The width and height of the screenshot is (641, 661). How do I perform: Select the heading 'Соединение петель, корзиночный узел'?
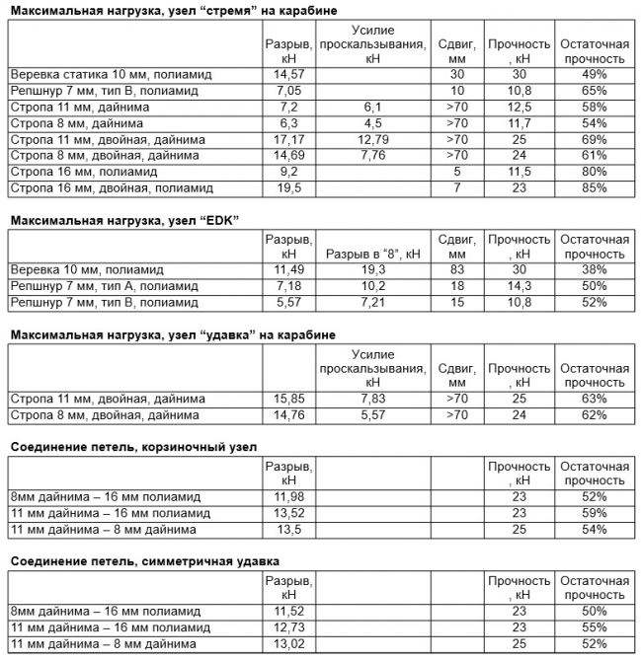coord(133,446)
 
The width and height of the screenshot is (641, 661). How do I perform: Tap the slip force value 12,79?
coord(371,139)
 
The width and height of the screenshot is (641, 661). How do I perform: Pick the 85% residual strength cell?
coord(595,187)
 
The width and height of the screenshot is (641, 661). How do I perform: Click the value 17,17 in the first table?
coord(282,139)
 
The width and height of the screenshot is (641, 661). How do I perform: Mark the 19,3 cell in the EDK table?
coord(371,269)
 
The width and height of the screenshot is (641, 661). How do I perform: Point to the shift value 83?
coord(455,269)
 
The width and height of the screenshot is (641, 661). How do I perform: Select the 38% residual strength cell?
coord(595,269)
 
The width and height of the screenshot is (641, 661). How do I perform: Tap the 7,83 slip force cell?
coord(371,400)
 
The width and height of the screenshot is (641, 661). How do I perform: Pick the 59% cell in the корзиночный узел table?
coord(595,513)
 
